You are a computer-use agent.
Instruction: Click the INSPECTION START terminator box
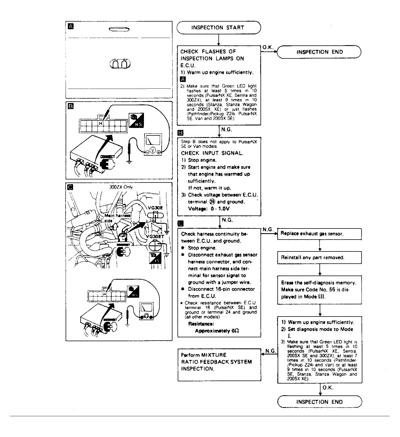click(x=219, y=28)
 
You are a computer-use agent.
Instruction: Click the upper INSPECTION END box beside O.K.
click(x=319, y=52)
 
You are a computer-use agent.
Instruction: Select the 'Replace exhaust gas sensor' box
click(x=319, y=234)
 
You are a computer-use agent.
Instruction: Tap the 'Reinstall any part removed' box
click(x=319, y=258)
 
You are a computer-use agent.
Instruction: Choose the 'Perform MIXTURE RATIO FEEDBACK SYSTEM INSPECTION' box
click(x=219, y=364)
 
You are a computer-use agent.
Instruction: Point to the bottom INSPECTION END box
click(x=319, y=402)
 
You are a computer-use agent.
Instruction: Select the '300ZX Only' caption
click(x=121, y=187)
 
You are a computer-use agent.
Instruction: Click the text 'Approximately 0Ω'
click(x=217, y=331)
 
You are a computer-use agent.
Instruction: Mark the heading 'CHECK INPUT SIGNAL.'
click(x=212, y=153)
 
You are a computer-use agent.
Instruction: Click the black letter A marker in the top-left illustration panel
click(x=71, y=26)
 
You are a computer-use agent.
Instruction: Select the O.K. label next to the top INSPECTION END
click(x=268, y=47)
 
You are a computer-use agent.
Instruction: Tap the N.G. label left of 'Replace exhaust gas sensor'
click(x=268, y=230)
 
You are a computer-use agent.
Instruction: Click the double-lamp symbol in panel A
click(x=120, y=64)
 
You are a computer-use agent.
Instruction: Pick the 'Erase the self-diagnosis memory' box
click(x=319, y=290)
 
